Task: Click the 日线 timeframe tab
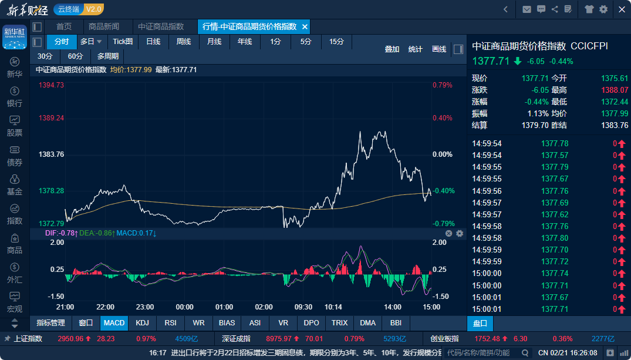coord(153,42)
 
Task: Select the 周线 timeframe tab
coord(184,42)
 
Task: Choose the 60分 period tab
coord(75,56)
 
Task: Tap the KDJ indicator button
coord(143,323)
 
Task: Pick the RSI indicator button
coord(171,323)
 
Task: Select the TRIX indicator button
coord(339,323)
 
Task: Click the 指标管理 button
coord(50,323)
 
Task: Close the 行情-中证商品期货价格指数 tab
coord(305,27)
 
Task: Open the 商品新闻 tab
coord(104,26)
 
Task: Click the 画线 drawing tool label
coord(439,49)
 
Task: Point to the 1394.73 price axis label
coord(51,85)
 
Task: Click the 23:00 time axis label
coord(145,307)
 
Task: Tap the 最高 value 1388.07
coord(615,90)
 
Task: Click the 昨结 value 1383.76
coord(615,125)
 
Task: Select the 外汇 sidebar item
coord(15,273)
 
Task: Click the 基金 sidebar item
coord(15,185)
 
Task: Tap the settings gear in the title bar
coord(603,9)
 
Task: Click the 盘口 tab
coord(480,324)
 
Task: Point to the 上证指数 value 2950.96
coord(70,339)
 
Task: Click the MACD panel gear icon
coord(460,234)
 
